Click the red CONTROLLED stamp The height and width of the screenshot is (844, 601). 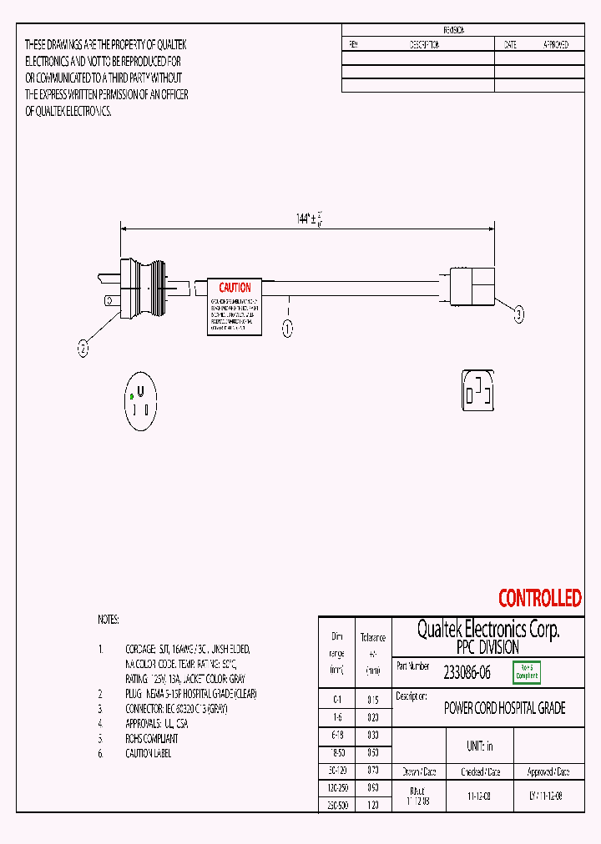coord(539,598)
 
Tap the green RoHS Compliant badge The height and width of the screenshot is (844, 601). coord(528,672)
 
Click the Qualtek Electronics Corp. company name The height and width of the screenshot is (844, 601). coord(487,629)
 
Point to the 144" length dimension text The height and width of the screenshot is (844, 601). coord(308,219)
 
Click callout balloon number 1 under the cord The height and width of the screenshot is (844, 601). coord(288,329)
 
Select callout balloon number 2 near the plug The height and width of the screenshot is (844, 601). coord(83,350)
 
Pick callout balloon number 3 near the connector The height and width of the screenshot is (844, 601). coord(518,314)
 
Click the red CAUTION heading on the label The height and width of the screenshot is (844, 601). coord(235,288)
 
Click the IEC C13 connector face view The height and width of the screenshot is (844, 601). coord(478,389)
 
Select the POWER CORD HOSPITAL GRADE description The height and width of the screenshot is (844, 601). coord(504,708)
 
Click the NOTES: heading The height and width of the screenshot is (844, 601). coord(109,620)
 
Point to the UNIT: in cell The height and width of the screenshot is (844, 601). coord(479,746)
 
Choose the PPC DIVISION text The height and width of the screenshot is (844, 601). coord(487,647)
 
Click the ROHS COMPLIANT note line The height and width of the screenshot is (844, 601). coord(151,738)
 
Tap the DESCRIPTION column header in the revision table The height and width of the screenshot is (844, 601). coord(424,45)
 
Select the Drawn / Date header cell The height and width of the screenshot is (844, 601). coord(419,772)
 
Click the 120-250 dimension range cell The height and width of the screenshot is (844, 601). coord(336,786)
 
